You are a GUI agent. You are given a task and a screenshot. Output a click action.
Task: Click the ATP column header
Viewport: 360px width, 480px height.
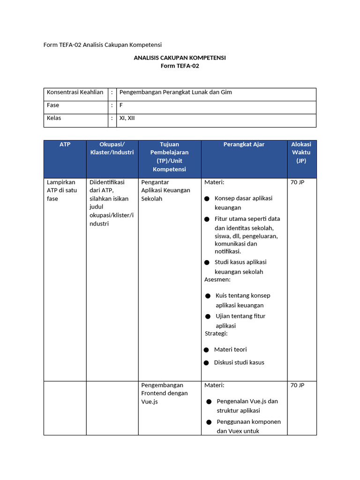point(65,144)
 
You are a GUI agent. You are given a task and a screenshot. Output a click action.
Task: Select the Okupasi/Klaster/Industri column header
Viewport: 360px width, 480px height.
point(112,148)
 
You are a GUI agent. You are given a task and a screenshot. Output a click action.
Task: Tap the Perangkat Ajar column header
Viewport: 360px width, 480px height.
point(244,144)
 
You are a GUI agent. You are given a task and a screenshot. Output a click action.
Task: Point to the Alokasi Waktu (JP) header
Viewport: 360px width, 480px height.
point(301,152)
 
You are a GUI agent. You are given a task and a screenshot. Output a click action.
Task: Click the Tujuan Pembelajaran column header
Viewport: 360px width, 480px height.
point(169,157)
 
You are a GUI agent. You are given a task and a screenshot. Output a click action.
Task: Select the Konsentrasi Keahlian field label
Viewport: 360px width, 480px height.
point(75,92)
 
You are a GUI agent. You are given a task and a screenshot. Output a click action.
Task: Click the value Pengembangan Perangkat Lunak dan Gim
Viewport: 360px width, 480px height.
point(176,92)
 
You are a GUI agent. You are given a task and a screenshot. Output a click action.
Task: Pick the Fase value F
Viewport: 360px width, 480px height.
point(121,105)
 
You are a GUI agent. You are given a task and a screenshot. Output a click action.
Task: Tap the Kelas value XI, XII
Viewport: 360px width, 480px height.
point(127,118)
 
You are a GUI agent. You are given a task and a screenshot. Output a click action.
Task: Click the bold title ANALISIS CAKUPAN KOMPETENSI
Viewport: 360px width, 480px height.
point(180,58)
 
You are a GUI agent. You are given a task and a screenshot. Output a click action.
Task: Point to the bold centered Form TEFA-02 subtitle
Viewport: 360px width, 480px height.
point(180,66)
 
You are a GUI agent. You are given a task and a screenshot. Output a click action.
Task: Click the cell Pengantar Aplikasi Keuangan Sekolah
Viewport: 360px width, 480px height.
point(165,190)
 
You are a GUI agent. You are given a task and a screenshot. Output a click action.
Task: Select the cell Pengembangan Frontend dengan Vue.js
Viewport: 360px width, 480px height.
point(164,393)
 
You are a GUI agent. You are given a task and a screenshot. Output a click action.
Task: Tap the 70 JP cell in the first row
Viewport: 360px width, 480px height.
point(297,182)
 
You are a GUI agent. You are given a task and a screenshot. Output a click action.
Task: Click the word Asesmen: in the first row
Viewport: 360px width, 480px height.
point(217,280)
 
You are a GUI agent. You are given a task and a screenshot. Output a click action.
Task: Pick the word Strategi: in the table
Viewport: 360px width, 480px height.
point(216,334)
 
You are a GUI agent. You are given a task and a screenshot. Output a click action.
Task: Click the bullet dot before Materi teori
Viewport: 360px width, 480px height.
point(206,350)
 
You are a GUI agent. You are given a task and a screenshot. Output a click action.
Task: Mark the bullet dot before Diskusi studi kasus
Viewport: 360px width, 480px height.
point(206,363)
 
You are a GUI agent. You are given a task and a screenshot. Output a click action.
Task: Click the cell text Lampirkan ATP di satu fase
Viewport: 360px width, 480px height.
point(62,190)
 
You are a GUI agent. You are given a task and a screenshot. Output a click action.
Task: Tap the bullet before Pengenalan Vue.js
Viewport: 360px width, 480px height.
point(209,402)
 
